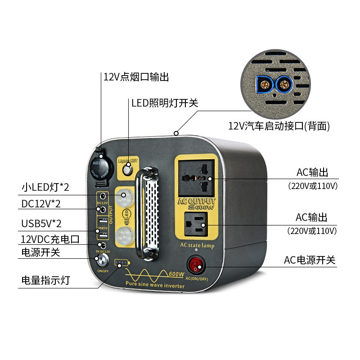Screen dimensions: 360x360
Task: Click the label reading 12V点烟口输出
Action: coord(136,77)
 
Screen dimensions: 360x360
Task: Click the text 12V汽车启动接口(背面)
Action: coord(279,126)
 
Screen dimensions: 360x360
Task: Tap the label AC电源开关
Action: coord(310,260)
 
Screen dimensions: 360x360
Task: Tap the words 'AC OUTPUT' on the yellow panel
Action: coord(197,201)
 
